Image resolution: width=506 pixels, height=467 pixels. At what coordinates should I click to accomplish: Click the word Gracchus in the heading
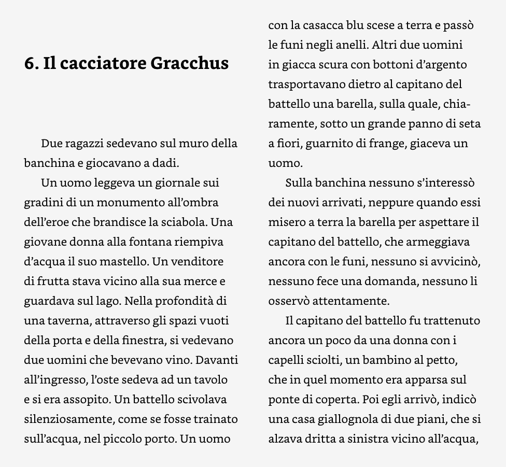190,64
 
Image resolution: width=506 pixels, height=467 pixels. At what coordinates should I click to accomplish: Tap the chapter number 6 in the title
30,64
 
